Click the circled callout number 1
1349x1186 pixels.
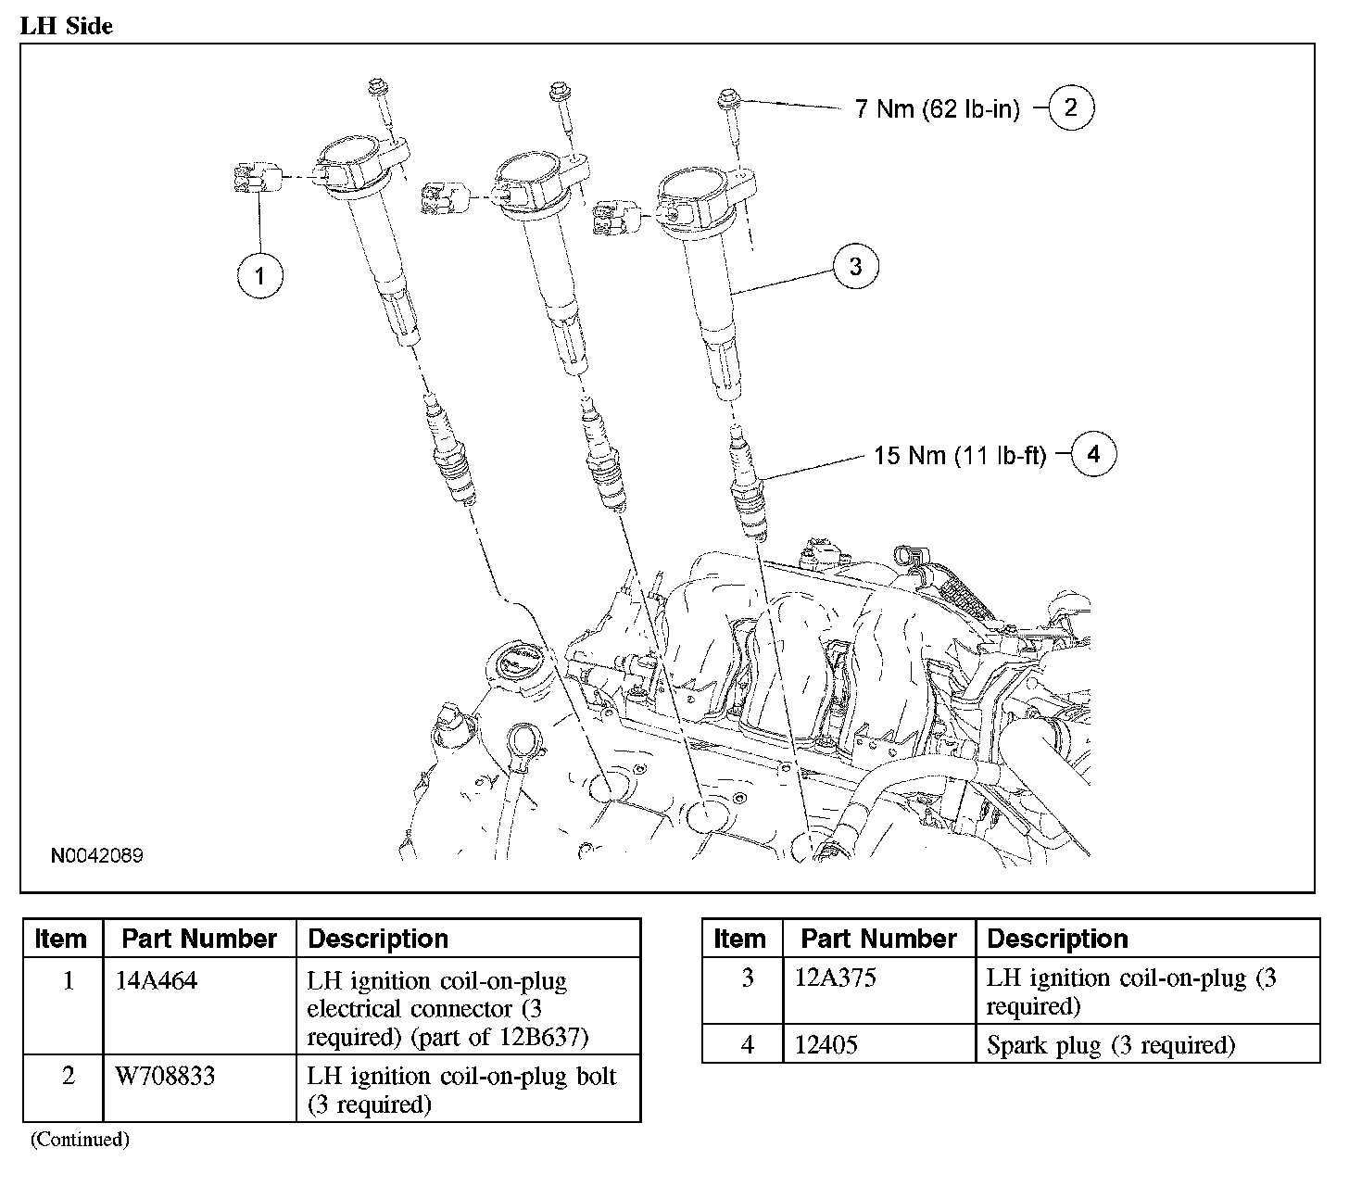click(259, 276)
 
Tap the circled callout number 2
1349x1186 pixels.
click(1071, 107)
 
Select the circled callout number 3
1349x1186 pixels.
click(855, 266)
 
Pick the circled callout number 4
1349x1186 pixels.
click(1093, 454)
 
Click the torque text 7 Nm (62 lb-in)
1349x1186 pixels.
click(938, 108)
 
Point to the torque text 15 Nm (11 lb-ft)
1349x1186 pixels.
click(960, 456)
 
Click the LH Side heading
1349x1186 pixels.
click(67, 26)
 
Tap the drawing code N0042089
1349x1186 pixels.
click(97, 855)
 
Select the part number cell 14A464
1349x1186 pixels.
click(157, 981)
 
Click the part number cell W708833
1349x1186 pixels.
click(165, 1076)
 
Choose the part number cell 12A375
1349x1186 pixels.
click(836, 978)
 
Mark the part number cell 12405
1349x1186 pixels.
click(826, 1045)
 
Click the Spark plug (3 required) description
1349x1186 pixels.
click(1111, 1045)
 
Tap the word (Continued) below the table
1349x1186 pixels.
click(80, 1140)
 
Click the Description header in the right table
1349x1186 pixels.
click(1057, 939)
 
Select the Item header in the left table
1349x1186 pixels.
click(60, 939)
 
